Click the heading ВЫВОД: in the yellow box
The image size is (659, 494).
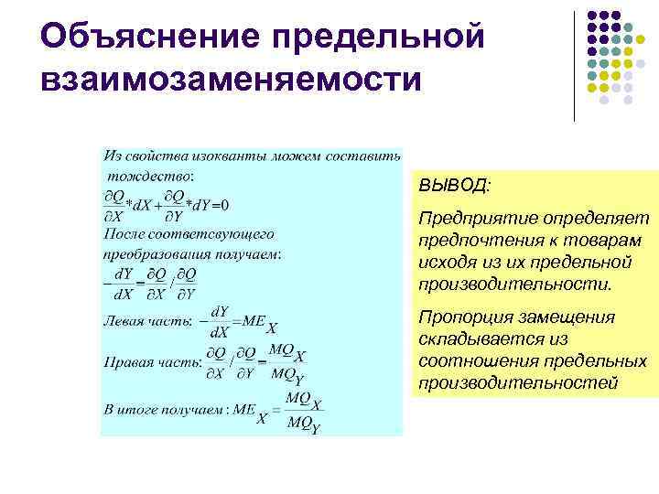pos(454,186)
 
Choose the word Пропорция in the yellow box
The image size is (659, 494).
pos(464,317)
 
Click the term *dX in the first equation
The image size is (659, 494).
pos(138,205)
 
